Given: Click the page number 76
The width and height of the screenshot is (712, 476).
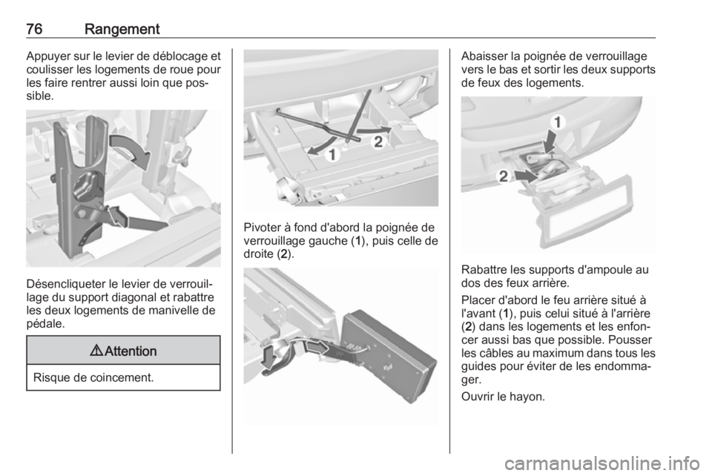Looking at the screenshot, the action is [35, 29].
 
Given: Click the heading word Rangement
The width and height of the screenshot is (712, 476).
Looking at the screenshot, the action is [122, 30].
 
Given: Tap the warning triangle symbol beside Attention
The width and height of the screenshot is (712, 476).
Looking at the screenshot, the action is [96, 351].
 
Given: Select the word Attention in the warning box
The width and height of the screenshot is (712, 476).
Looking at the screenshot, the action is [131, 351].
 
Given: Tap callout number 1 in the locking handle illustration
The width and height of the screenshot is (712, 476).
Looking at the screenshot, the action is [333, 155].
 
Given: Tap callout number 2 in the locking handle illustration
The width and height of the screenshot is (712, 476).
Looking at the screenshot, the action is [378, 142].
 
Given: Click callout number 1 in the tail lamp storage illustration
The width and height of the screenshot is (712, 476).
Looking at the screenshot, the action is [558, 122].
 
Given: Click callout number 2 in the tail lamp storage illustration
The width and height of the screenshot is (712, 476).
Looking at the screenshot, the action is [503, 176].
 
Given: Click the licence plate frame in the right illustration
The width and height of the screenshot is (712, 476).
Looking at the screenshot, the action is [589, 211].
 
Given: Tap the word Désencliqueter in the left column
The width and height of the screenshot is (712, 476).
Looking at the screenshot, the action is [66, 285].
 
